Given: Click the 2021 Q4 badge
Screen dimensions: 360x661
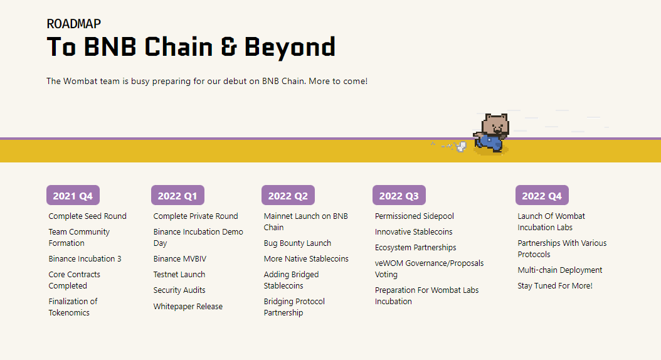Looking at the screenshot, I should coord(73,196).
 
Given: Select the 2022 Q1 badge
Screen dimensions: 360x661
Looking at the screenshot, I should coord(177,196).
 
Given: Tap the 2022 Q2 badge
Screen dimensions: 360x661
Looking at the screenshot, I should coord(288,196).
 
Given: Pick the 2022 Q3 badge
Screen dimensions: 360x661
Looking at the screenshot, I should coord(399,196).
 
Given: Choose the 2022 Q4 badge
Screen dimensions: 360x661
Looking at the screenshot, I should coord(542,196).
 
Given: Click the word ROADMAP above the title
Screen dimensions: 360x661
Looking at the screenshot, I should coord(74,24).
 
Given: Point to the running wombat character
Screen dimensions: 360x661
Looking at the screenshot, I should coord(491,133).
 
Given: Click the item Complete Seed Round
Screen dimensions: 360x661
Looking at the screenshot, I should coord(87,216).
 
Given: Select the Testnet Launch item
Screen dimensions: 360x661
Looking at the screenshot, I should coord(179,275).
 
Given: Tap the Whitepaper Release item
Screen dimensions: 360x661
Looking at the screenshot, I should coord(188,307).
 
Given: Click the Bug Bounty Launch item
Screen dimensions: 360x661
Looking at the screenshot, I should coord(297,243).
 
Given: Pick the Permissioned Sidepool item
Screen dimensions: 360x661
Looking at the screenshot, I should coord(415,216).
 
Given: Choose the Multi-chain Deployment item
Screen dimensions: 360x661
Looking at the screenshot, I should coord(560,270).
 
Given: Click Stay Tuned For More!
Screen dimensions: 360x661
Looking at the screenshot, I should coord(555,286).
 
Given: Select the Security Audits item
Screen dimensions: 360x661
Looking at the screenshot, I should coord(179,290).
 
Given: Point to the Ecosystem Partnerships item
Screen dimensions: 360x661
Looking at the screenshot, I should coord(416,248).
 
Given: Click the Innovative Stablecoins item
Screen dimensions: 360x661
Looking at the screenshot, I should coord(414,232).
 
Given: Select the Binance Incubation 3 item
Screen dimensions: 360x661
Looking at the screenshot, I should coord(85,259).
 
